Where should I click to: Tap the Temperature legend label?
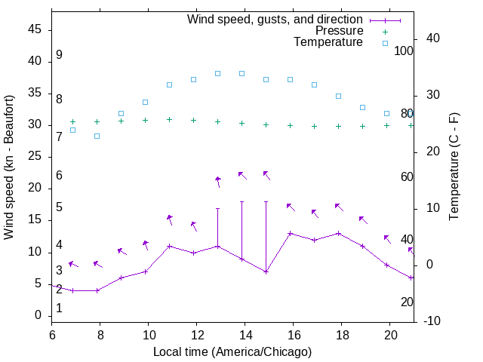[x=328, y=42]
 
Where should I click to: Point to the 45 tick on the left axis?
[x=35, y=29]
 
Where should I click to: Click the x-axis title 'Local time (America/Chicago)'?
[x=232, y=351]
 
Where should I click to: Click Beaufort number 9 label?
[x=59, y=55]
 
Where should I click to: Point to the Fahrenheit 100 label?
[x=405, y=51]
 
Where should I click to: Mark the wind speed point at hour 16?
[x=290, y=233]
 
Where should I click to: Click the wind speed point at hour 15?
[x=266, y=271]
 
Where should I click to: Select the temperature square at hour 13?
[x=217, y=73]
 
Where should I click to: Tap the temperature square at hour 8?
[x=97, y=136]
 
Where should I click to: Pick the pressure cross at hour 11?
[x=169, y=119]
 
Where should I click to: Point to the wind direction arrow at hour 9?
[x=121, y=251]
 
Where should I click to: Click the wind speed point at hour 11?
[x=169, y=246]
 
